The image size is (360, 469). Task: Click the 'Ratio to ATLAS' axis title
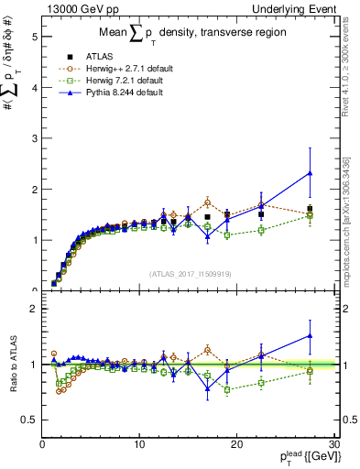12,365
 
